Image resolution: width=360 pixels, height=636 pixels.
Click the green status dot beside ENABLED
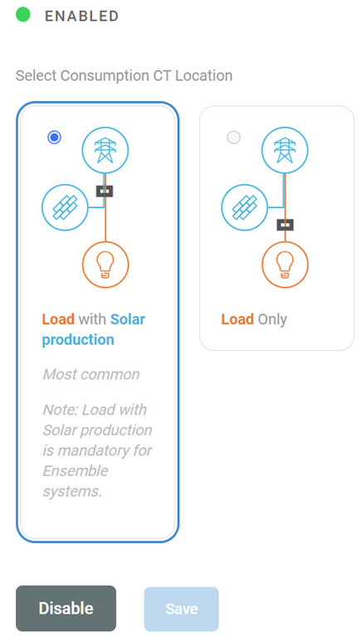click(x=23, y=15)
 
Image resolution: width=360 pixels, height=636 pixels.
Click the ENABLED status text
click(x=81, y=16)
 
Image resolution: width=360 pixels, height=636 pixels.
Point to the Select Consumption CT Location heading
click(x=124, y=75)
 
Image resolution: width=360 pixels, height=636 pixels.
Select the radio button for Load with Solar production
click(x=55, y=137)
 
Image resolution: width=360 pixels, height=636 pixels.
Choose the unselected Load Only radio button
click(x=234, y=137)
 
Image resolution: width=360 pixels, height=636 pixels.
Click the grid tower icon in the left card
click(x=105, y=150)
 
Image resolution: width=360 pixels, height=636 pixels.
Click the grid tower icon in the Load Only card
click(x=285, y=150)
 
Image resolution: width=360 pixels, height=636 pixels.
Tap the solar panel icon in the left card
click(x=65, y=207)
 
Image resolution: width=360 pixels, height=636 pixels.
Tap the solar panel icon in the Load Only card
click(x=245, y=207)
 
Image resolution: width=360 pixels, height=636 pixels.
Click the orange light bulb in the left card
click(x=105, y=265)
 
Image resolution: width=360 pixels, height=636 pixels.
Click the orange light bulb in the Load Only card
click(x=285, y=265)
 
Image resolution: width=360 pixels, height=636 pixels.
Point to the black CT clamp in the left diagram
click(x=105, y=191)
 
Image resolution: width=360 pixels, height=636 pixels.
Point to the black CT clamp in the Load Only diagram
click(x=285, y=224)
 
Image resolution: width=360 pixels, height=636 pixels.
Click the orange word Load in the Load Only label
click(x=237, y=319)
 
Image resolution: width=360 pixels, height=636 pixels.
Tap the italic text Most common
click(x=91, y=374)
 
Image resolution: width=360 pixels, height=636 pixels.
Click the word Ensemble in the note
click(x=75, y=471)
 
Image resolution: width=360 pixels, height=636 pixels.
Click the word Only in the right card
click(x=272, y=319)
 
